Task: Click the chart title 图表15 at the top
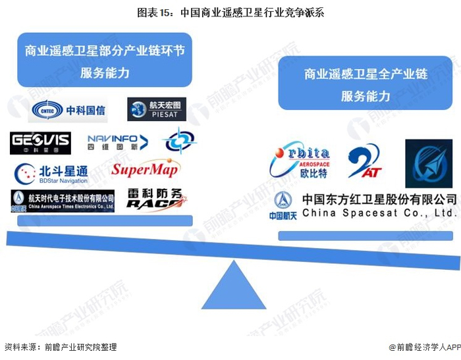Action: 230,12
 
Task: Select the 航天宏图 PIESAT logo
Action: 157,110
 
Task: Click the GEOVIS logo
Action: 40,142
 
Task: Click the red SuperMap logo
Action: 145,169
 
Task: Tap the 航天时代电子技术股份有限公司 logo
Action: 63,200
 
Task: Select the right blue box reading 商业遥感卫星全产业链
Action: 366,84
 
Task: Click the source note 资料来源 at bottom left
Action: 60,347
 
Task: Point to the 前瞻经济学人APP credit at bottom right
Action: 422,347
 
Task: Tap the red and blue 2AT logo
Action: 364,162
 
